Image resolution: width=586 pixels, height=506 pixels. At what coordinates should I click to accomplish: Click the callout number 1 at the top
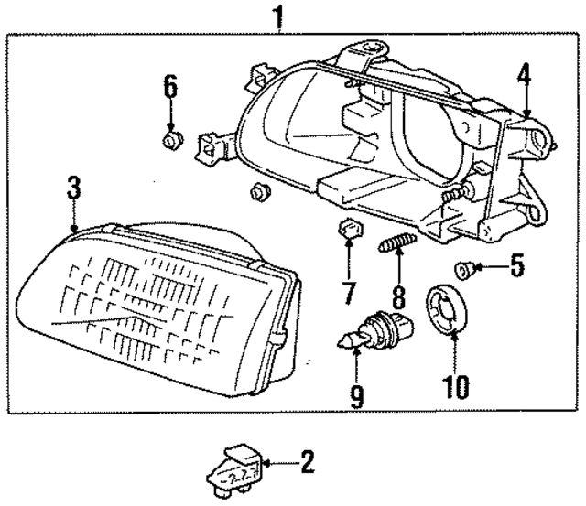click(279, 16)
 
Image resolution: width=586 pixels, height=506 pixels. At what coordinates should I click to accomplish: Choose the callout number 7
click(348, 292)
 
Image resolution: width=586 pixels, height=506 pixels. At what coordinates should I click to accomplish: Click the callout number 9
click(356, 395)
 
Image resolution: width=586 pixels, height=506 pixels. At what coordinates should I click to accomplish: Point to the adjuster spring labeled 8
click(397, 246)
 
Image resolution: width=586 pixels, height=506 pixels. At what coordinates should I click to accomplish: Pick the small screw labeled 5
click(464, 268)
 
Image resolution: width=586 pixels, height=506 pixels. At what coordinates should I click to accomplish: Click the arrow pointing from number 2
click(279, 466)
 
